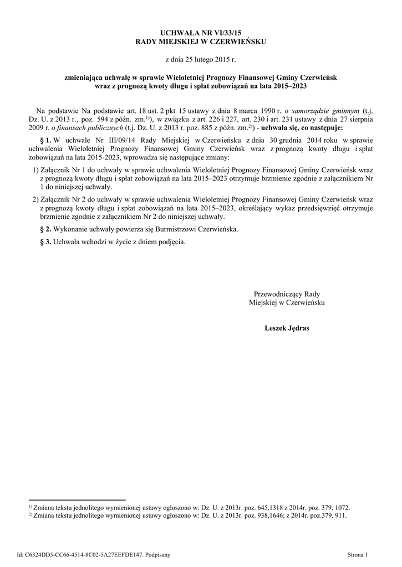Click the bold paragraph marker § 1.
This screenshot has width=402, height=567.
pos(45,141)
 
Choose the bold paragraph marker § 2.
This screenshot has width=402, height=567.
pos(45,229)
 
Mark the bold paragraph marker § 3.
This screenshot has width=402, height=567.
pos(45,242)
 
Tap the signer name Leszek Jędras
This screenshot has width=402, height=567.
pos(287,328)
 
